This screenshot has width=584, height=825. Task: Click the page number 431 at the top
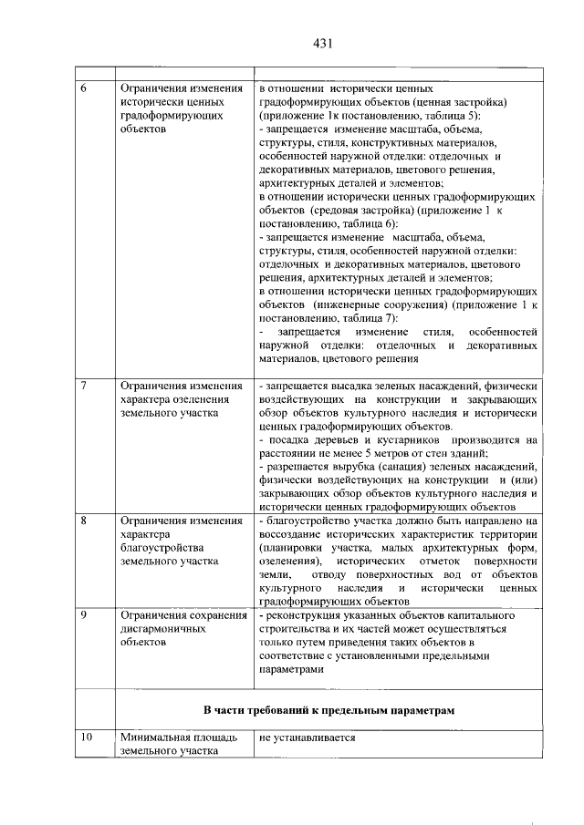(320, 43)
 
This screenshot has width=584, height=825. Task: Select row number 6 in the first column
(85, 89)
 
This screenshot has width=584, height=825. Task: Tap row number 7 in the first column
(85, 386)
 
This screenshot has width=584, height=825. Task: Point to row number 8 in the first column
(85, 521)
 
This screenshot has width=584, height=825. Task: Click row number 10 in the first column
(87, 737)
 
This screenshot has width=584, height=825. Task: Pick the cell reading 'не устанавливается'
(307, 737)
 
